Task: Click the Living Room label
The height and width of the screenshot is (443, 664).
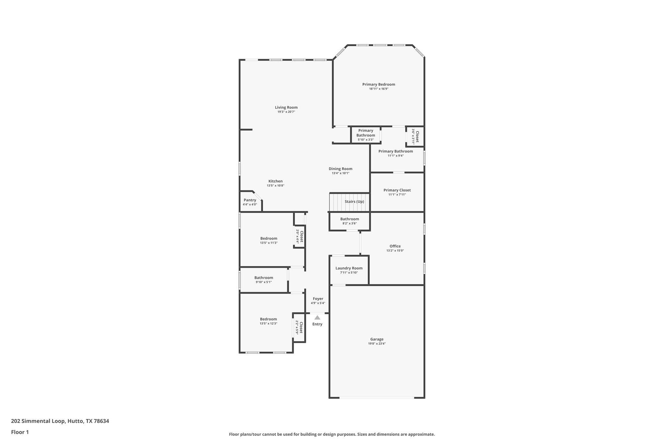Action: click(286, 107)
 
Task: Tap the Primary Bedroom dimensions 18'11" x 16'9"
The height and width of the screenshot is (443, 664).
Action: click(378, 89)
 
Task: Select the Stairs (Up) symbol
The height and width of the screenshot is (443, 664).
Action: click(350, 202)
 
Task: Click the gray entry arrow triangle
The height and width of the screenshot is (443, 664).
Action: click(317, 318)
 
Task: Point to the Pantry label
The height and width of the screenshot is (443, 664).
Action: click(250, 200)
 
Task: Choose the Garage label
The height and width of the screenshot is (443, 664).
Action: click(377, 339)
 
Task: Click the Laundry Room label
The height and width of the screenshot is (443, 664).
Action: click(349, 268)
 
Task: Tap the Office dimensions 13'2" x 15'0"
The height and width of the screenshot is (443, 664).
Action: click(395, 251)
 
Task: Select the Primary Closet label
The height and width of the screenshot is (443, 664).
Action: click(397, 190)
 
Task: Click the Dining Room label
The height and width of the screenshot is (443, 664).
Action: click(340, 169)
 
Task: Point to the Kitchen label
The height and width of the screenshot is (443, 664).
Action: click(275, 181)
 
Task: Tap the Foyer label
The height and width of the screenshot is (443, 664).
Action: click(318, 299)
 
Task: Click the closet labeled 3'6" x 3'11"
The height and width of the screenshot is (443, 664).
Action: click(415, 136)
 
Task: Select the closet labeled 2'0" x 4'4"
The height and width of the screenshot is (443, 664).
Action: click(299, 237)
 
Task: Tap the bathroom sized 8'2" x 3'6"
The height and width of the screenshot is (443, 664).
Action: click(350, 221)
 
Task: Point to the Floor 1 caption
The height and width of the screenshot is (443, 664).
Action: click(20, 432)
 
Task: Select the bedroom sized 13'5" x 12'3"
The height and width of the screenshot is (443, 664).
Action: click(268, 321)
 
